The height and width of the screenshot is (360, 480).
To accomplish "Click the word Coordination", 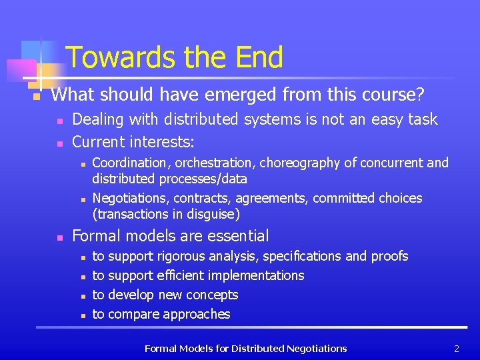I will (x=129, y=163).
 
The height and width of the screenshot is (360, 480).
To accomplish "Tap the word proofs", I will (x=389, y=257).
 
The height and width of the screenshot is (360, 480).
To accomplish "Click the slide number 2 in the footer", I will (x=457, y=349).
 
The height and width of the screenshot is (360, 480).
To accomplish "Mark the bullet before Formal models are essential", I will (x=59, y=237).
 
